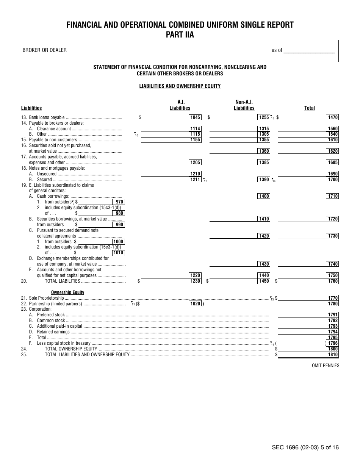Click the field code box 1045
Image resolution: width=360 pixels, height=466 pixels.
click(x=195, y=117)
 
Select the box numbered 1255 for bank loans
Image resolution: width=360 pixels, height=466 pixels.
click(x=264, y=117)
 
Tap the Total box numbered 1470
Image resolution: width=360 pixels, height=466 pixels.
click(x=333, y=117)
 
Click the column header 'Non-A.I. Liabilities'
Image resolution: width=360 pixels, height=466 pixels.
click(x=244, y=105)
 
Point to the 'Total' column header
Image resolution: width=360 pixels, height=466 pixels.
click(x=309, y=108)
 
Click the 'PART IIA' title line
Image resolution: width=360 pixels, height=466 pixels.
click(x=180, y=34)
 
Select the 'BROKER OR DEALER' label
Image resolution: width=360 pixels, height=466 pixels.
click(x=44, y=50)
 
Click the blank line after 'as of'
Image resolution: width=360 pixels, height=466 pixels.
click(x=309, y=50)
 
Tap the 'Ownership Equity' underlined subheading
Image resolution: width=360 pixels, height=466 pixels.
click(x=67, y=292)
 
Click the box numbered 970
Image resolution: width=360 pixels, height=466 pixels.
click(x=119, y=202)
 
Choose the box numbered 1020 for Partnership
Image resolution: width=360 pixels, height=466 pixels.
click(x=195, y=303)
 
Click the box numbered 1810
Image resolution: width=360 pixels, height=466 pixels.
click(x=333, y=355)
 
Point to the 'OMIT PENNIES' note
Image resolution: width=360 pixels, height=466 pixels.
click(x=326, y=366)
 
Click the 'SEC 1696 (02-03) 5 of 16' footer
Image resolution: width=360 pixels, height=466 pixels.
click(x=305, y=447)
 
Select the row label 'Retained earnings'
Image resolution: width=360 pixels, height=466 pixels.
click(x=53, y=332)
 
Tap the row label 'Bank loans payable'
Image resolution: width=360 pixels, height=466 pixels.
click(x=47, y=117)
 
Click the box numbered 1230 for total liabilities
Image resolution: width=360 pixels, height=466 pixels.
click(x=195, y=281)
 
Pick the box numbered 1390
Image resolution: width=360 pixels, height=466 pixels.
click(x=264, y=179)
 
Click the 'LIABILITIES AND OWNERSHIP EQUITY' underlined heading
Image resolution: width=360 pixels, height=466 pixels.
click(x=180, y=86)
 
